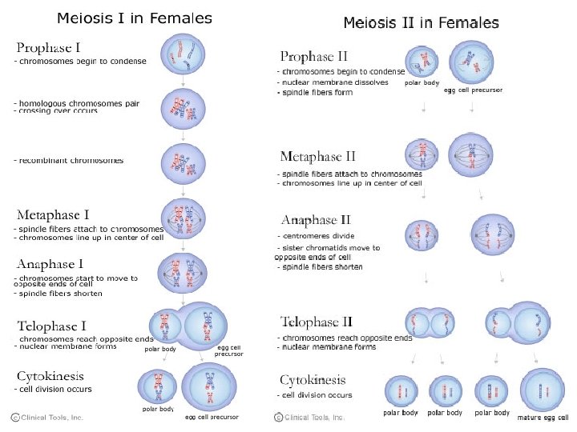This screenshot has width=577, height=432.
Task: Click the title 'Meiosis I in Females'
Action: pos(134,18)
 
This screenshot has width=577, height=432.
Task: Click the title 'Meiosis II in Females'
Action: pos(421,23)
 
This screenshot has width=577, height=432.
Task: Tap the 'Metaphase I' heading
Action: pos(53,214)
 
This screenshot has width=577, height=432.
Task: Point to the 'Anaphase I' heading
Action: pos(50,263)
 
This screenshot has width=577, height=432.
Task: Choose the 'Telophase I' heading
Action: pos(51,326)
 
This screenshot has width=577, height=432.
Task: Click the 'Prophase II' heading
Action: pos(313,56)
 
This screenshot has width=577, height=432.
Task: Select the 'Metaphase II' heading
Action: pos(317,156)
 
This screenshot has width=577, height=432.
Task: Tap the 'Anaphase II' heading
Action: pos(316,219)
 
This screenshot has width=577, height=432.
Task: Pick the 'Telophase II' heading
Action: pos(317,322)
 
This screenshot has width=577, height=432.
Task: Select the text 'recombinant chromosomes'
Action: pos(71,161)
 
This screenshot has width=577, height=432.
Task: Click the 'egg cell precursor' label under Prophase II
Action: pos(473,90)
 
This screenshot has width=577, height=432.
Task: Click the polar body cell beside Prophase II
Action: pos(421,62)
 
